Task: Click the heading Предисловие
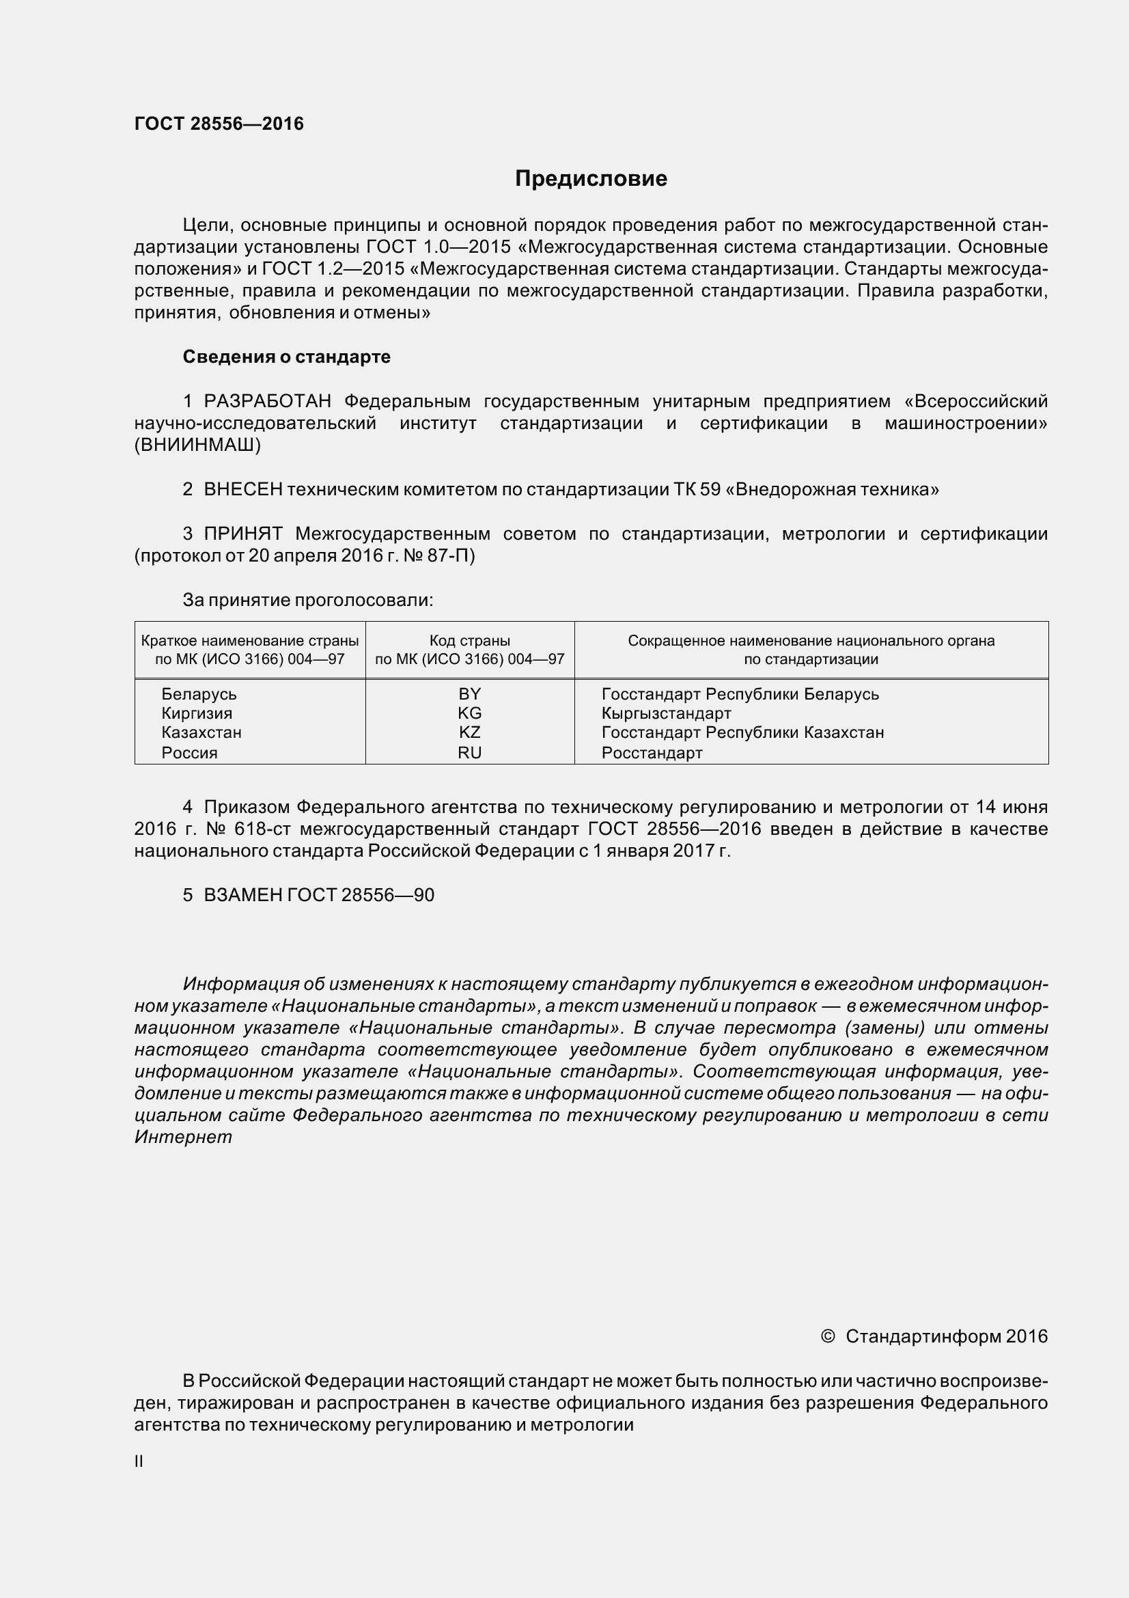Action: click(591, 179)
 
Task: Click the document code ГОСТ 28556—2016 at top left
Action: click(219, 124)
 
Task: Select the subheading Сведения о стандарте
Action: click(286, 357)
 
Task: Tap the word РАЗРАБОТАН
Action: click(267, 402)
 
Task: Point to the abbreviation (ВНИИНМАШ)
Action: click(197, 445)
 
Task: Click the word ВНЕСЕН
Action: click(242, 489)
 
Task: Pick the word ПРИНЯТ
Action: click(242, 534)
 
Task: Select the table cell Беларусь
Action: click(199, 694)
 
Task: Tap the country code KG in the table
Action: click(469, 713)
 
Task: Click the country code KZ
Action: click(469, 732)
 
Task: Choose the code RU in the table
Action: click(469, 752)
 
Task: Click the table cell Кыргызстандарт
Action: click(666, 713)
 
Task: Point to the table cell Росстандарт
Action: click(652, 752)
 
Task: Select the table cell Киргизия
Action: click(197, 713)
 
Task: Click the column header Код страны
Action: click(469, 640)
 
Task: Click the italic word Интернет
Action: click(183, 1138)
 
